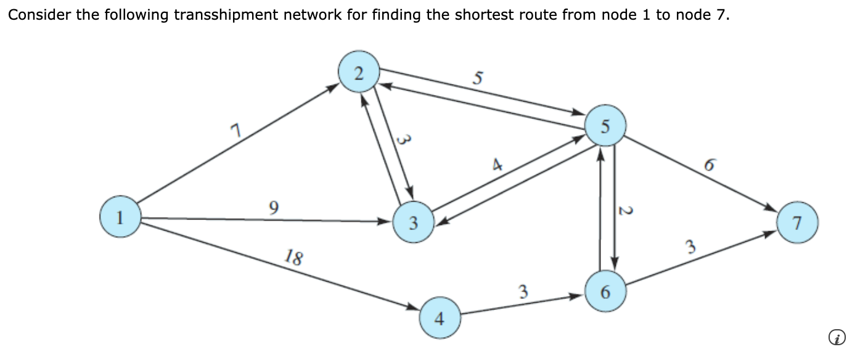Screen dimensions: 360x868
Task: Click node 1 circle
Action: click(x=121, y=216)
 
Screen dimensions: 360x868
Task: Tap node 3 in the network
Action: click(x=414, y=223)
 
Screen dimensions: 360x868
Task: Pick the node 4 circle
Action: click(x=439, y=318)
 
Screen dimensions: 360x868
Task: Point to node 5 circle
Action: click(x=605, y=126)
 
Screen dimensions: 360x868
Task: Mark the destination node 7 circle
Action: click(x=798, y=223)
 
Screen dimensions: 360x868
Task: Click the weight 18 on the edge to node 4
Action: click(x=294, y=257)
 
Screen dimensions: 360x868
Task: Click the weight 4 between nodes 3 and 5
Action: click(x=497, y=165)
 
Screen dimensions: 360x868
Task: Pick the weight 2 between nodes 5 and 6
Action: click(x=624, y=211)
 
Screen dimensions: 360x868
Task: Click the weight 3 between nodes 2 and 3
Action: click(x=402, y=140)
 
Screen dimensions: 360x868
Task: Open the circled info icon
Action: click(x=836, y=337)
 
